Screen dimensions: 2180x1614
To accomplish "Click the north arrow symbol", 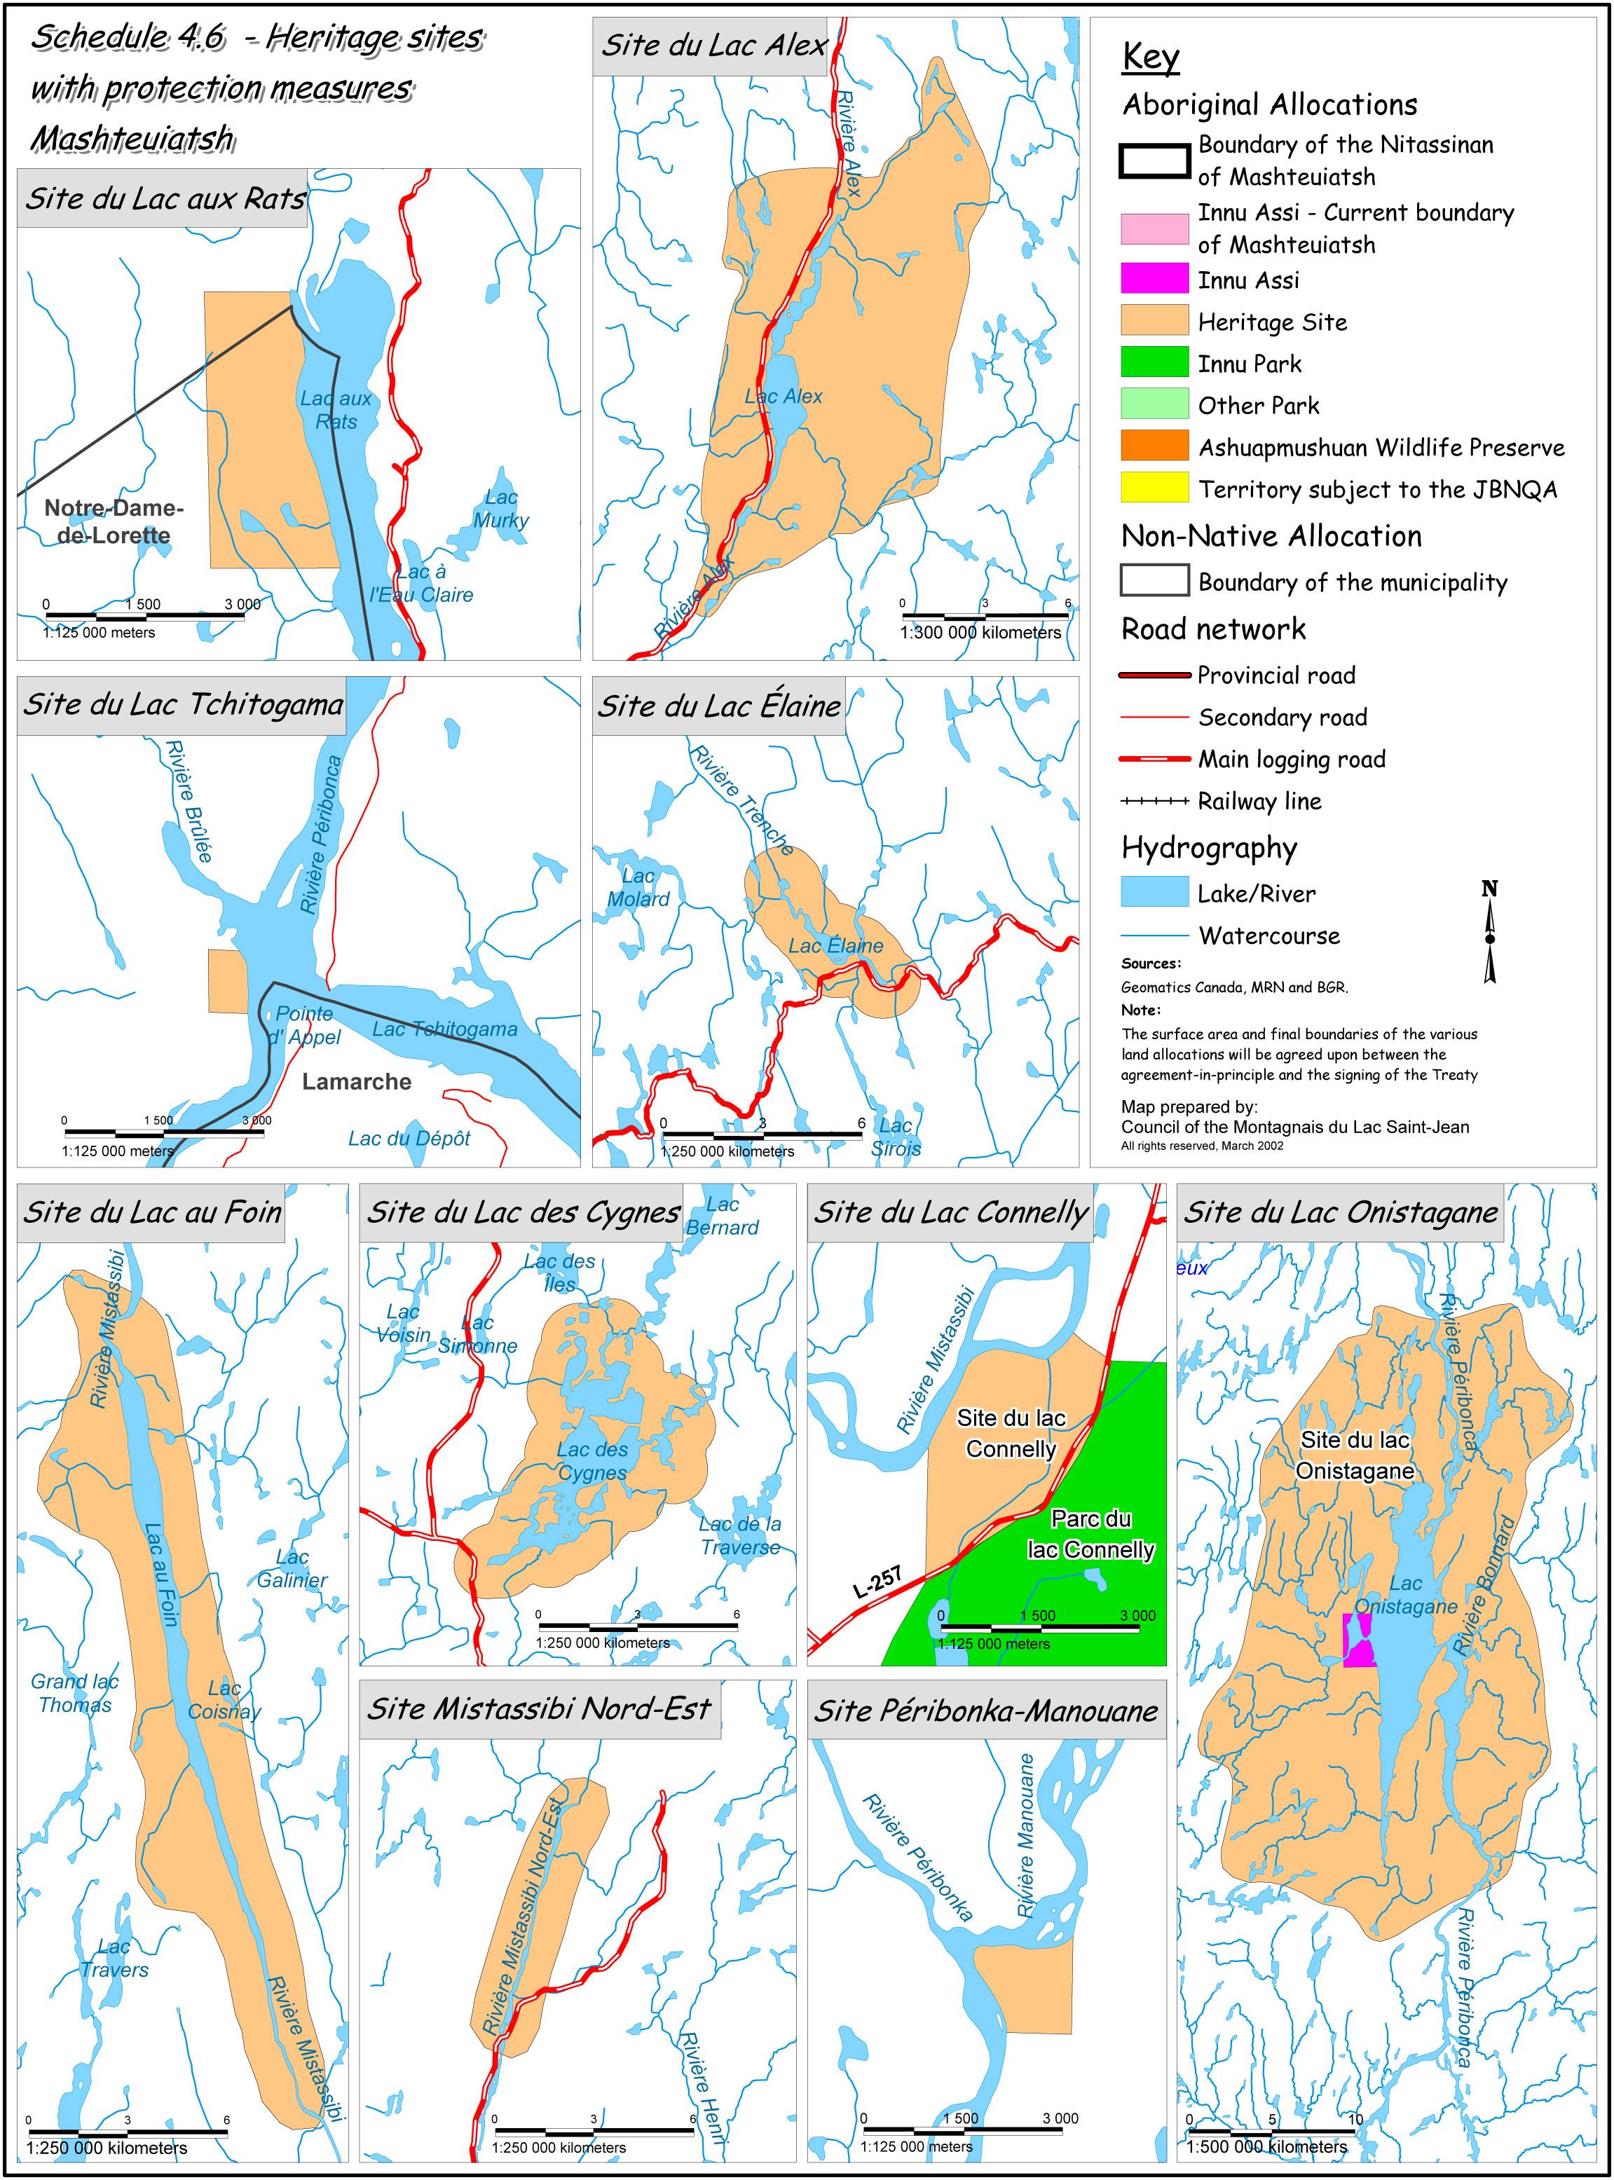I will tap(1489, 933).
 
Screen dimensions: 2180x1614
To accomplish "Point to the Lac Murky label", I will tap(500, 509).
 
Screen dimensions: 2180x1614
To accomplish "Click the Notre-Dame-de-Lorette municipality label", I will tap(114, 521).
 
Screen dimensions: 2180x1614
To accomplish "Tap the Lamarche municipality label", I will tap(357, 1081).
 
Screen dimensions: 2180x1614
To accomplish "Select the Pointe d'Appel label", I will tap(304, 1024).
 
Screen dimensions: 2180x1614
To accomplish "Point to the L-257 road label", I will tap(877, 1582).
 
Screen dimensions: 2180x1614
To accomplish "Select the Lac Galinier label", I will tap(292, 1568).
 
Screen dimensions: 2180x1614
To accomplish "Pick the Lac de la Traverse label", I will tap(739, 1535).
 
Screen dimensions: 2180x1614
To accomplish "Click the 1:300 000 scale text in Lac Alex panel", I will tap(980, 633).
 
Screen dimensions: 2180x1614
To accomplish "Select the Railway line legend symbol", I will tap(1154, 801).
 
